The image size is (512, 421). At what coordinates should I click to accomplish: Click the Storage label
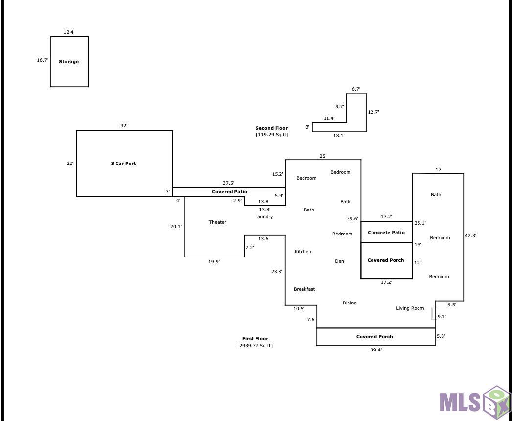tap(69, 61)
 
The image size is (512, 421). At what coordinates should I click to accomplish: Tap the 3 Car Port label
tap(123, 164)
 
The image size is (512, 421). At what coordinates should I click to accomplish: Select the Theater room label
tap(218, 222)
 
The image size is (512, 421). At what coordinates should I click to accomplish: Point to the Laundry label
tap(264, 217)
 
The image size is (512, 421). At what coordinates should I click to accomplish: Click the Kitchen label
tap(303, 252)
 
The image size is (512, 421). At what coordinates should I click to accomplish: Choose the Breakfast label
tap(304, 289)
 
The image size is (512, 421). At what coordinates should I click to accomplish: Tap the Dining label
tap(349, 303)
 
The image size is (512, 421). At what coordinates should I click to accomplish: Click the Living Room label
tap(410, 308)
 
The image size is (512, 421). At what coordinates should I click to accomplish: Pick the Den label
tap(339, 261)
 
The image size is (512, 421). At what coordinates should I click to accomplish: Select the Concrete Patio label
tap(386, 233)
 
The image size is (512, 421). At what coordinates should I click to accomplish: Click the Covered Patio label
tap(230, 192)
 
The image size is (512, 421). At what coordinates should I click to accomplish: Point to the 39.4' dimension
tap(376, 350)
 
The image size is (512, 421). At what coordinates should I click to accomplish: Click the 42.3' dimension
tap(470, 236)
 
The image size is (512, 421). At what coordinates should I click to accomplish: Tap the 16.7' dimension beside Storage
tap(43, 60)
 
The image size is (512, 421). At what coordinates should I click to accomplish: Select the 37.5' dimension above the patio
tap(228, 183)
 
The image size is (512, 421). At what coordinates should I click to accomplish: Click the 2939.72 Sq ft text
tap(255, 346)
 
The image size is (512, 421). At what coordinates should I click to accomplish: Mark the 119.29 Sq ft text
tap(272, 135)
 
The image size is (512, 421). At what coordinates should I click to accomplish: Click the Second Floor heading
tap(272, 128)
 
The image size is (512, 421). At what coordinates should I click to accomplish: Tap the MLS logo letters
tap(460, 402)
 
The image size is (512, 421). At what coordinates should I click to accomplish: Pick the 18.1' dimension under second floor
tap(339, 136)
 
